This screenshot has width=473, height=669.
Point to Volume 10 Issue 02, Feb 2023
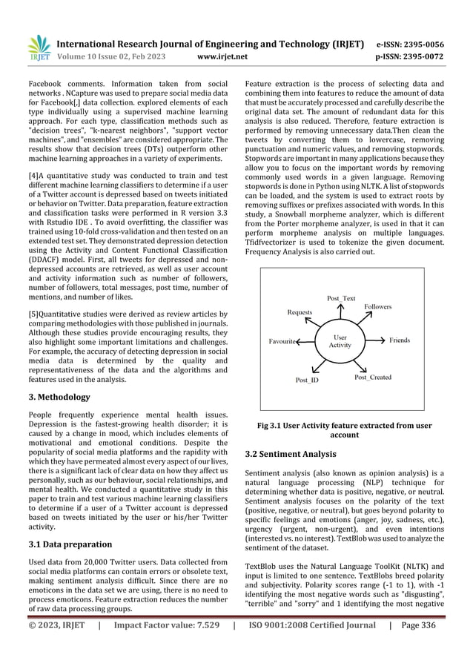pos(119,56)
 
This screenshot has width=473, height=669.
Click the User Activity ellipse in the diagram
pos(340,340)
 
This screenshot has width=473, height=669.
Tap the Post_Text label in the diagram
pos(341,298)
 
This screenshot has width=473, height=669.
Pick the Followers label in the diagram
pos(378,306)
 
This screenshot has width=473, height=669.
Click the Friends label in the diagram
pos(399,340)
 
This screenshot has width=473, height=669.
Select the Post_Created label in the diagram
pos(373,378)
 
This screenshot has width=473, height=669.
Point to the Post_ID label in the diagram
pos(307,380)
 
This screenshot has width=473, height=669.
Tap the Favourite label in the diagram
pos(282,341)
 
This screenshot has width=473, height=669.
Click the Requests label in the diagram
pos(300,313)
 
